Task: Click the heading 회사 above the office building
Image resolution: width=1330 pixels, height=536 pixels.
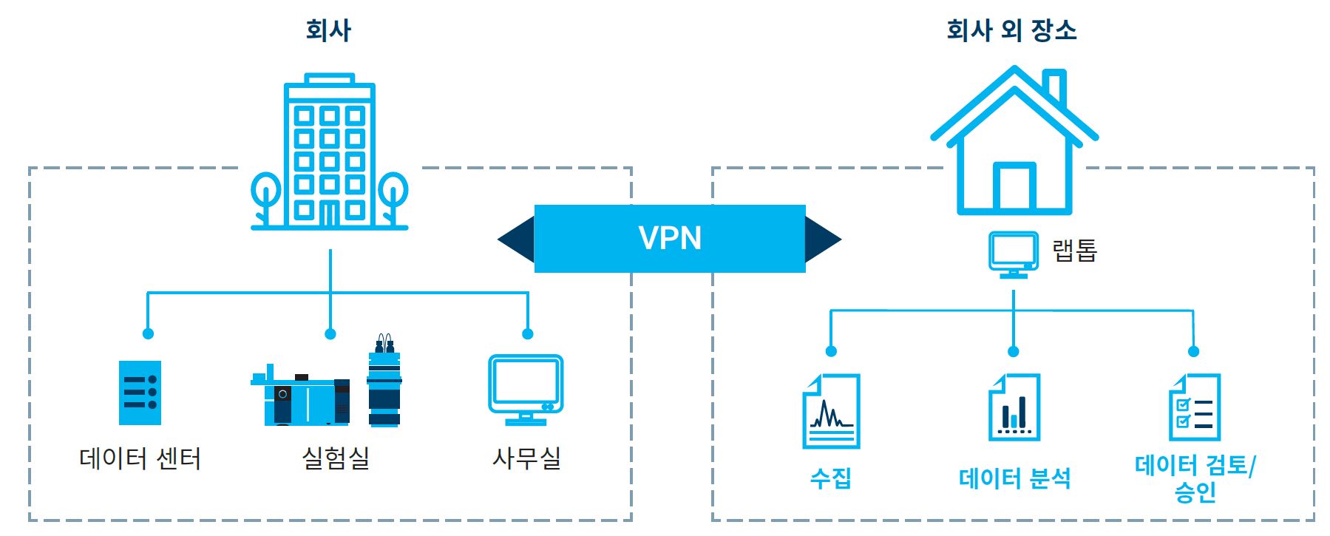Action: (328, 30)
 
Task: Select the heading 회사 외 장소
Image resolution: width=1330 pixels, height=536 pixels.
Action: (1011, 30)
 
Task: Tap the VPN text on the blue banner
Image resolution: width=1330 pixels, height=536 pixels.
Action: (670, 238)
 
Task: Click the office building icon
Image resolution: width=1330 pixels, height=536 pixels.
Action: (330, 152)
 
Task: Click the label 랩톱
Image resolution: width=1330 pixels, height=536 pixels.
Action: (1075, 251)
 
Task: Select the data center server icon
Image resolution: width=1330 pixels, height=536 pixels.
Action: (140, 393)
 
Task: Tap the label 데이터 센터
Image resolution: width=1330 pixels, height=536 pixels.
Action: (140, 458)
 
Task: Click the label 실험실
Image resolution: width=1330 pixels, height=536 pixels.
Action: (336, 458)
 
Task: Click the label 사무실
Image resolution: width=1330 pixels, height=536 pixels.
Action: (526, 458)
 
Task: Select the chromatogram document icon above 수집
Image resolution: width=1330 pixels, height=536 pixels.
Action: (831, 411)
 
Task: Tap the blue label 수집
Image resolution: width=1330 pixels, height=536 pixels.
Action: (831, 478)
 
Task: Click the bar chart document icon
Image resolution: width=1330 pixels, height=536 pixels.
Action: (1014, 407)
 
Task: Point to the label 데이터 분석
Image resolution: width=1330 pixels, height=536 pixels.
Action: (1014, 478)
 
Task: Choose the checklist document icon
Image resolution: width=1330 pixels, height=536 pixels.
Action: (1195, 407)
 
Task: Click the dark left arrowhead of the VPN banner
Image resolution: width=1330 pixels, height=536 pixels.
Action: (518, 239)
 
